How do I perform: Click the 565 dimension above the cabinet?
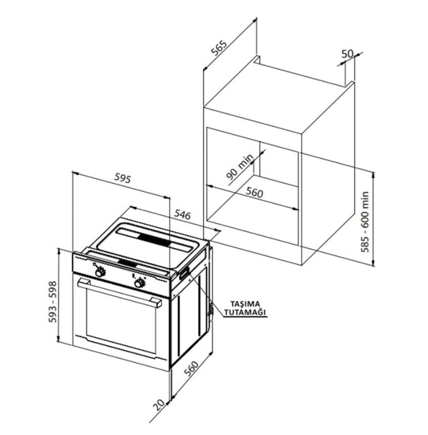pos(219,48)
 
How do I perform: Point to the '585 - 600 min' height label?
pos(365,222)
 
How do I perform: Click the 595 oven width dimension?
pos(122,178)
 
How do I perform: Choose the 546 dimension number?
pos(182,214)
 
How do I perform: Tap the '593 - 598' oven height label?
pos(53,302)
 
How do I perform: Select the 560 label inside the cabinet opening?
pos(254,192)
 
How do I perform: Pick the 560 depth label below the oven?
pos(192,369)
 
